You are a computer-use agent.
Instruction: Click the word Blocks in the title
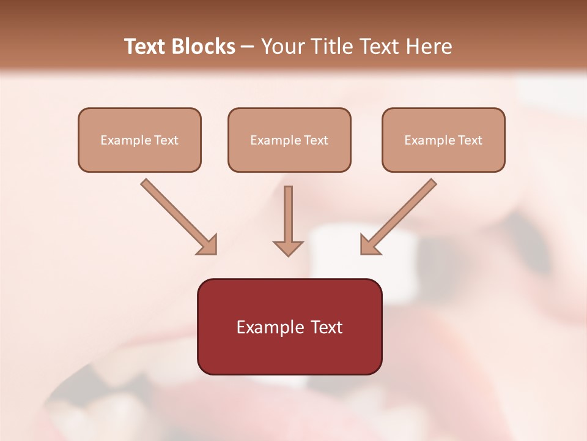click(x=203, y=47)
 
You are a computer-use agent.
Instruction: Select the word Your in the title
click(x=281, y=47)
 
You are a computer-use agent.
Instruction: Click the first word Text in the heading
click(x=145, y=47)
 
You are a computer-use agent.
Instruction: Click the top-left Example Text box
click(x=139, y=140)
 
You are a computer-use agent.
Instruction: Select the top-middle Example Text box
click(x=289, y=140)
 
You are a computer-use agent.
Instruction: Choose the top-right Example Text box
click(x=443, y=140)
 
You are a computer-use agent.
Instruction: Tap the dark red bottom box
click(x=289, y=326)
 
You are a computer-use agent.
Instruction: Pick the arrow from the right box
click(x=401, y=214)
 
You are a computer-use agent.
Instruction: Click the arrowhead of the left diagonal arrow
click(x=208, y=245)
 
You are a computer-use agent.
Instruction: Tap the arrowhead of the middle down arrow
click(x=288, y=247)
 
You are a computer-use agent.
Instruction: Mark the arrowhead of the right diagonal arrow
click(x=370, y=245)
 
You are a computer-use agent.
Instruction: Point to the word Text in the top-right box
click(x=470, y=140)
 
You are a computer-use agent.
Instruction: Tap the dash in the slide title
click(x=248, y=47)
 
